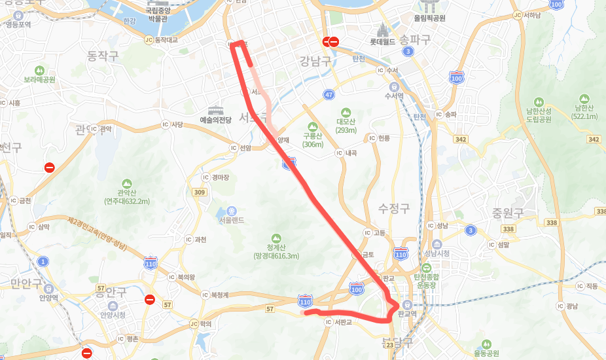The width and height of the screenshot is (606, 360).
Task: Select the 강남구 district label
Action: (x=314, y=61)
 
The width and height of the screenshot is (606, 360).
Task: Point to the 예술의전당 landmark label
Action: (x=215, y=120)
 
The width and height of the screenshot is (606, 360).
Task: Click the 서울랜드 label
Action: (x=232, y=221)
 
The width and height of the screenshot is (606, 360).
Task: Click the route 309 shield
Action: (x=200, y=192)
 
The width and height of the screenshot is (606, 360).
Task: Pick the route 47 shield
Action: (x=329, y=96)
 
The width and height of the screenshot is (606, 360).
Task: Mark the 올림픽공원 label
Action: (x=429, y=18)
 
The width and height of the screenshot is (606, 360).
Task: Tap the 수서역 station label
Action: (x=393, y=96)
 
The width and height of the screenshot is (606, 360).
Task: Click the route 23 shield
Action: (x=389, y=345)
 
